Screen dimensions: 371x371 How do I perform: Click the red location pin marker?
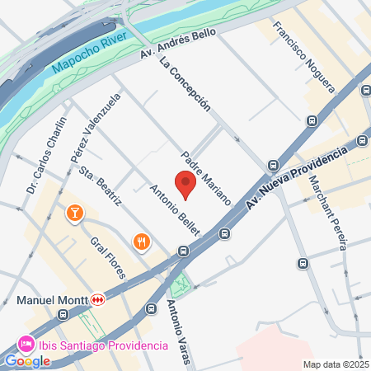pyautogui.click(x=185, y=185)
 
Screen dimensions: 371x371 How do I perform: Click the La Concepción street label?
pyautogui.click(x=186, y=86)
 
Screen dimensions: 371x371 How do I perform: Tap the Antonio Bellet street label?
pyautogui.click(x=176, y=209)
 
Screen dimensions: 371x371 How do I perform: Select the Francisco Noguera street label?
pyautogui.click(x=304, y=55)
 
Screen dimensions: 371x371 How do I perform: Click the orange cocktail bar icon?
pyautogui.click(x=75, y=214)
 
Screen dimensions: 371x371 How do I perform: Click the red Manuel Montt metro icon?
pyautogui.click(x=98, y=300)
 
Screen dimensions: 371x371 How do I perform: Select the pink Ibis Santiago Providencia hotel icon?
pyautogui.click(x=26, y=342)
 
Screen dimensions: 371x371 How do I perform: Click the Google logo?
pyautogui.click(x=27, y=360)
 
